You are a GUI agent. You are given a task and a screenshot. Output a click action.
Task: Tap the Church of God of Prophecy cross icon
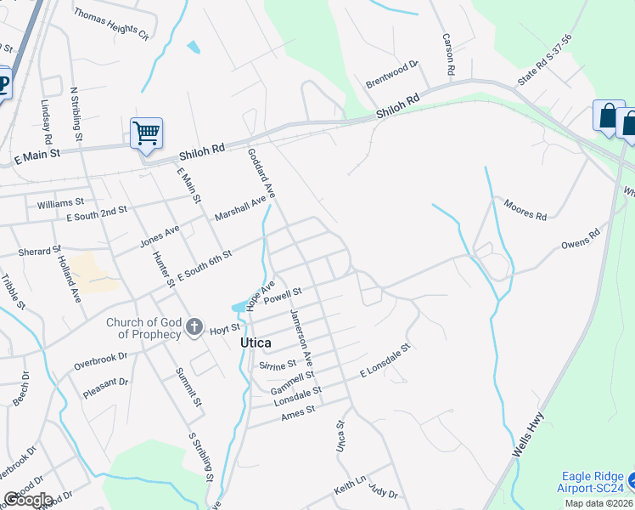pos(194,327)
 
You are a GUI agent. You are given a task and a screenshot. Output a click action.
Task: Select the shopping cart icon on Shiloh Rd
pos(146,133)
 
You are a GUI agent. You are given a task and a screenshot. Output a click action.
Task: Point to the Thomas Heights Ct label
pos(110,25)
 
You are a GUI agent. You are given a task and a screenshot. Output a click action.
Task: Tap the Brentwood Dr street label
pos(393,74)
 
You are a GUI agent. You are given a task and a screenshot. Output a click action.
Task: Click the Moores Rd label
pos(525,210)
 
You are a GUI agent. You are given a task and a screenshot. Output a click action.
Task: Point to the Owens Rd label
pos(581,239)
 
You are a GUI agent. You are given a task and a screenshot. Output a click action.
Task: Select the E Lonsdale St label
pos(385,360)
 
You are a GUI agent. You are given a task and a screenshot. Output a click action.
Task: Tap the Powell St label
pos(283,297)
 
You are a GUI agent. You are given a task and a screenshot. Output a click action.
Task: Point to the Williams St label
pos(60,203)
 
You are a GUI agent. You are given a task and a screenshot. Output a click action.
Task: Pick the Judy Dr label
pos(383,492)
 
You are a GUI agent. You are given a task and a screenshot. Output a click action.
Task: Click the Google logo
pos(27,500)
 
